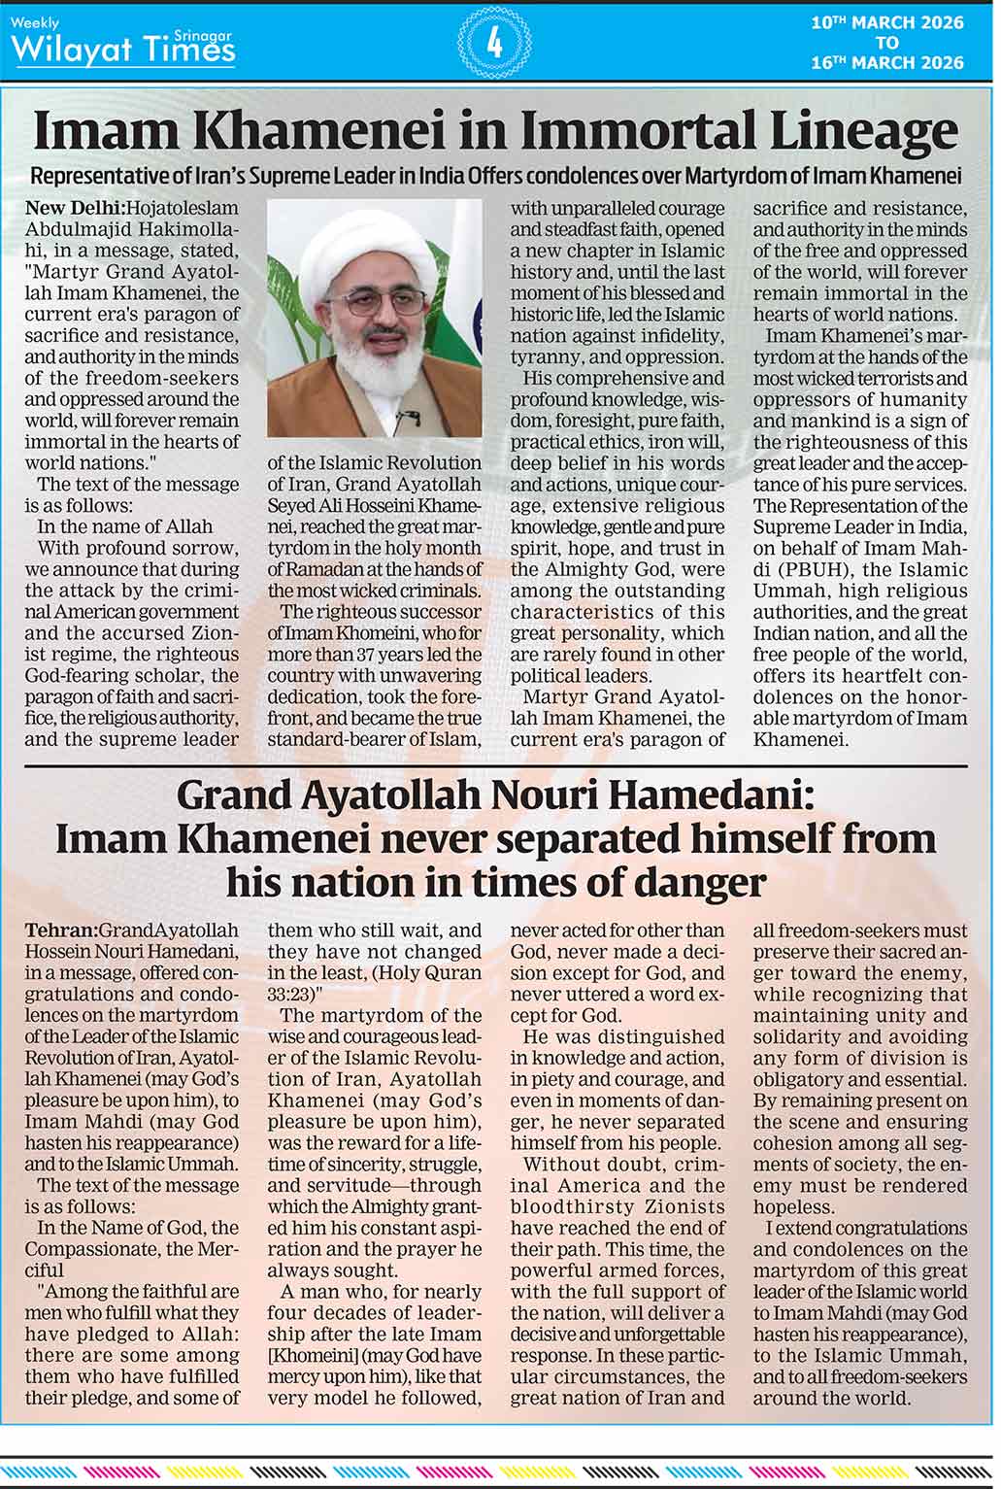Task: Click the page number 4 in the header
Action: [494, 42]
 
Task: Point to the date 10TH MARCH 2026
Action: [887, 22]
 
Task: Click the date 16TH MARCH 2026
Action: [887, 63]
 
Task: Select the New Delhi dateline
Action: [74, 208]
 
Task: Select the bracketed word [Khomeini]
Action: [311, 1356]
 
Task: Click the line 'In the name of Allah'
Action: [124, 526]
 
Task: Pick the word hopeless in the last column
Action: [793, 1207]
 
